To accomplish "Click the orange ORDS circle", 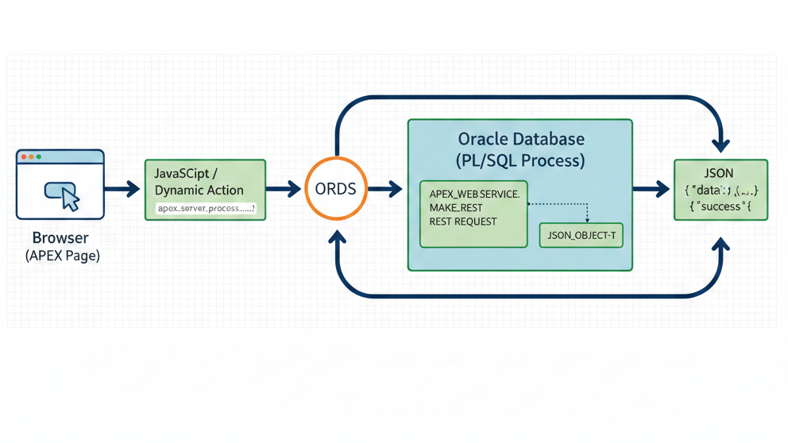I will click(337, 189).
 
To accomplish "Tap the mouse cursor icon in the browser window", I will click(70, 199).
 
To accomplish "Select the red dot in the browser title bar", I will click(24, 157).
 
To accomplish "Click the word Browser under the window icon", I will click(60, 238).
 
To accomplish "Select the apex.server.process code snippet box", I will click(206, 209).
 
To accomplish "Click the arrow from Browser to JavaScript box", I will click(122, 190).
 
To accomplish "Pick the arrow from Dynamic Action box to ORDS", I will click(284, 190).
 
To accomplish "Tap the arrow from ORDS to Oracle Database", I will click(386, 190).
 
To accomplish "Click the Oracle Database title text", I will click(520, 140).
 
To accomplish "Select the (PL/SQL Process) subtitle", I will click(520, 160).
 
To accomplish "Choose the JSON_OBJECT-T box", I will click(581, 236).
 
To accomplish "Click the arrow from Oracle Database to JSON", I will click(651, 190).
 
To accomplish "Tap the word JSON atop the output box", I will click(719, 172).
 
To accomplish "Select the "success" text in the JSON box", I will click(722, 207).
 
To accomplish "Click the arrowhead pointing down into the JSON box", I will click(720, 144).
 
